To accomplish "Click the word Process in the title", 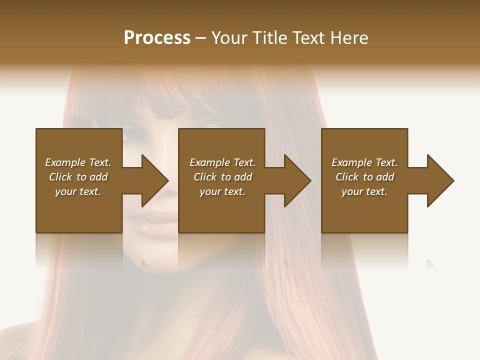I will coord(157,38).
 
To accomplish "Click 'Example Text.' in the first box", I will coord(78,162).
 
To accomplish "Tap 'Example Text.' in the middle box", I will coord(222,162).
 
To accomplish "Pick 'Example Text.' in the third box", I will coord(364,162).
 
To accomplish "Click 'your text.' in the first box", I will coord(78,191).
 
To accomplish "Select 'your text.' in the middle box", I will coord(222,191).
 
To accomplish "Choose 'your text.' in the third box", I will coord(364,191).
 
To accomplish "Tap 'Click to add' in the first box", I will coord(78,177).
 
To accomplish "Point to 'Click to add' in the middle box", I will coord(222,177).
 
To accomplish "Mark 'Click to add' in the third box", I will coord(364,177).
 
